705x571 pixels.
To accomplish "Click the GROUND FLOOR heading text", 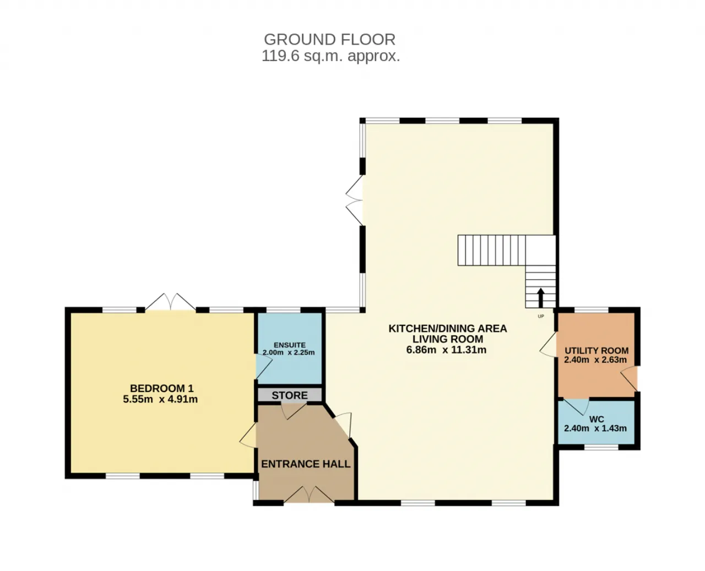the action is coord(329,40).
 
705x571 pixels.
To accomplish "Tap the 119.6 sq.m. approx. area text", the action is coord(330,56).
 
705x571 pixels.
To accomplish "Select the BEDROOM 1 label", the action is coord(161,388).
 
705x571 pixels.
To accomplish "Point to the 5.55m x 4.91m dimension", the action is coord(160,399).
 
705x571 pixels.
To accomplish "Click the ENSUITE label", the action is coord(290,345).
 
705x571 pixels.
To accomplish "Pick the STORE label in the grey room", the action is coord(290,395).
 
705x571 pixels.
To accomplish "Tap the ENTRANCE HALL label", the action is coord(306,464).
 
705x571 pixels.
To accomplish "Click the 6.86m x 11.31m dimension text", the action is coord(446,350).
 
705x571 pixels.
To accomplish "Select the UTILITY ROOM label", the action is coord(596,351).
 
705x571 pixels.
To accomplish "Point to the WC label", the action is coord(596,420).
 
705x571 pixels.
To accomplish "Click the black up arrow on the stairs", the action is coord(540,298).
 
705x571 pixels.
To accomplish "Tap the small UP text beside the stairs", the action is coord(541,316).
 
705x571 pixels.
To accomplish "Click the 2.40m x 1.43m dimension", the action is coord(595,428).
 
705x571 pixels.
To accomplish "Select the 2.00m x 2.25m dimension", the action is coord(289,352).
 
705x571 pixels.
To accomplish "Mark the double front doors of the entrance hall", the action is coord(309,494).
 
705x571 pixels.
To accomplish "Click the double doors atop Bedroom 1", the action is coord(170,302).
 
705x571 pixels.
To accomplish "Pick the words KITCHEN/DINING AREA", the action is coord(447,329).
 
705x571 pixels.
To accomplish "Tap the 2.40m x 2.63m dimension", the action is coord(595,360).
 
